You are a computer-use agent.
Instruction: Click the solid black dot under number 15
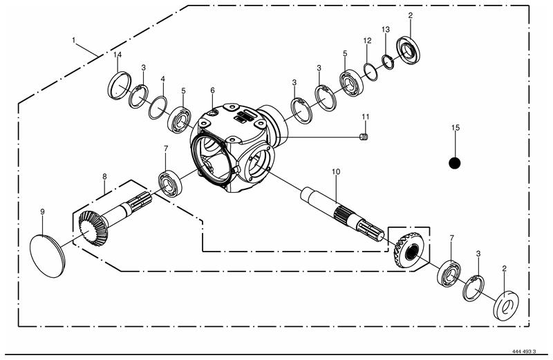455,163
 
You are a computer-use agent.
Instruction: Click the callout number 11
366,117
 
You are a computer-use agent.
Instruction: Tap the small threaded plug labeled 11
364,138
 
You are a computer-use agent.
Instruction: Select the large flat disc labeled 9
48,256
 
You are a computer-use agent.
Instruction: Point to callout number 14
118,55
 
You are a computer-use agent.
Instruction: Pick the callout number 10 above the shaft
336,172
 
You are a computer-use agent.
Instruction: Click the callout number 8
104,176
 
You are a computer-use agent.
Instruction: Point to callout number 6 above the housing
212,91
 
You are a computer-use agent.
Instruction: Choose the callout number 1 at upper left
73,40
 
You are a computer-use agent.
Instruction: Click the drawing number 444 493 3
524,352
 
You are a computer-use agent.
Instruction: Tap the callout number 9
42,212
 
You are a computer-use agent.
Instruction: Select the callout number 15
456,128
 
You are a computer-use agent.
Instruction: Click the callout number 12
367,41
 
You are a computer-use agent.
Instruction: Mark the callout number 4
162,79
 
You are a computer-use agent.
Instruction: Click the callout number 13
386,30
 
